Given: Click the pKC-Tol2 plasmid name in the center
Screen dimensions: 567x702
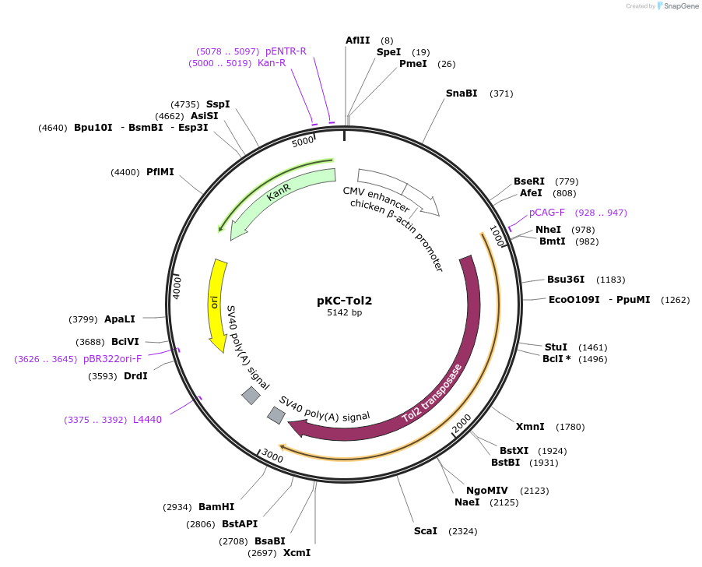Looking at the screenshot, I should coord(344,301).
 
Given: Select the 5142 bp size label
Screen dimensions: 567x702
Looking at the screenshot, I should coord(344,313).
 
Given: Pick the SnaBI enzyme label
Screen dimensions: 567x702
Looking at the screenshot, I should coord(462,93).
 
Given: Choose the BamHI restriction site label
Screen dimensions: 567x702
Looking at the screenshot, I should coord(216,507).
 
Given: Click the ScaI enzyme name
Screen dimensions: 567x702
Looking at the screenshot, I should coord(426,531).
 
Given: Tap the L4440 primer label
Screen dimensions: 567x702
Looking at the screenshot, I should coord(147,420).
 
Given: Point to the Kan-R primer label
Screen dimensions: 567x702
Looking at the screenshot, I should coord(272,63).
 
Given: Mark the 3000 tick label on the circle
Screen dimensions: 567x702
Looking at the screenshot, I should coord(272,455).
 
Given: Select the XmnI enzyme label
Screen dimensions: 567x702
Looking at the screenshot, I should coord(528,427).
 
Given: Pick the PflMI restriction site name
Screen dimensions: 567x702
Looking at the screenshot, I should coord(160,172).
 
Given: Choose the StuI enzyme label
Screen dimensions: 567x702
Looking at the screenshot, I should coord(556,347).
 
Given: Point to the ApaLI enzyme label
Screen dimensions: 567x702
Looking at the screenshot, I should coord(120,319).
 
